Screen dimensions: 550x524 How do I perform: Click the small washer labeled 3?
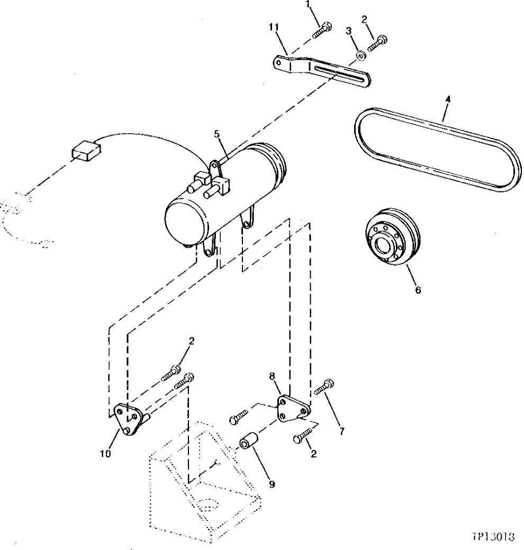[x=359, y=54]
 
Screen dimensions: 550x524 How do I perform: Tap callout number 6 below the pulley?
[x=418, y=290]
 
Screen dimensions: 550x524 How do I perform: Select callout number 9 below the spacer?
[x=272, y=484]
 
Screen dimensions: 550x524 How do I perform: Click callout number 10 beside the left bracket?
[x=105, y=453]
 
